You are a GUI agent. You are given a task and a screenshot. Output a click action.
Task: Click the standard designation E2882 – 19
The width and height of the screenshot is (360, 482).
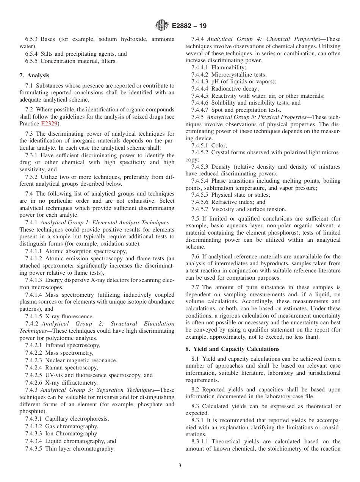(189, 26)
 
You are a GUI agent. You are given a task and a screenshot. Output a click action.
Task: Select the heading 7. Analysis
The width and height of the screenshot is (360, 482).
(34, 75)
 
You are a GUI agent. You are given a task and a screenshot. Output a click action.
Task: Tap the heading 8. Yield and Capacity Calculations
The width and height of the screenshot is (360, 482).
(232, 349)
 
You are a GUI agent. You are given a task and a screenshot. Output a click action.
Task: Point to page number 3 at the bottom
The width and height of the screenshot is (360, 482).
(180, 466)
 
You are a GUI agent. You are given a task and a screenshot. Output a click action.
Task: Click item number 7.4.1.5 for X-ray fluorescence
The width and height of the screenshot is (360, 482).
(34, 316)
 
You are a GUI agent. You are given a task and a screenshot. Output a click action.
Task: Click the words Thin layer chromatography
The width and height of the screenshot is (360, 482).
(80, 449)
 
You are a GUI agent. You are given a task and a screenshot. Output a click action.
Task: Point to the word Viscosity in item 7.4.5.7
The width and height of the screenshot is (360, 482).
(223, 209)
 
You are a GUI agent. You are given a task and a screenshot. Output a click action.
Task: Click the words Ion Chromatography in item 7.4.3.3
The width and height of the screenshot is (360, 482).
(71, 433)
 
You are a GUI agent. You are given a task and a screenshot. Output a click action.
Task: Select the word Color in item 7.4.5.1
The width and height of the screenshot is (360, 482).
(219, 146)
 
